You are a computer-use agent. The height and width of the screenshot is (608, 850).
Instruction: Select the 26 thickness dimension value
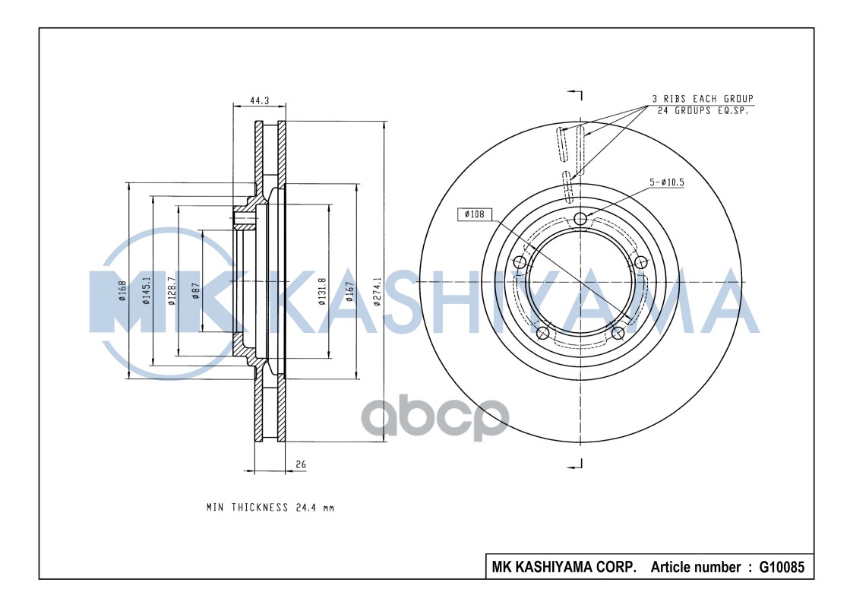pyautogui.click(x=301, y=464)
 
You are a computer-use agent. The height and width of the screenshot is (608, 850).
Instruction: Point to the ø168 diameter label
pyautogui.click(x=122, y=290)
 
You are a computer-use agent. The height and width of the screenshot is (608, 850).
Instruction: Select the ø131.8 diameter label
pyautogui.click(x=321, y=291)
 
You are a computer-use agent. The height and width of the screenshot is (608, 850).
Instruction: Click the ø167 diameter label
pyautogui.click(x=349, y=291)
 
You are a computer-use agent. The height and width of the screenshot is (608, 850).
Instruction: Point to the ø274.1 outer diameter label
pyautogui.click(x=377, y=291)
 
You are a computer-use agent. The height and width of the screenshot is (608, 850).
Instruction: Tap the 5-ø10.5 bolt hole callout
pyautogui.click(x=666, y=182)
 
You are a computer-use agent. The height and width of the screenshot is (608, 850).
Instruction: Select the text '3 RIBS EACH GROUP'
pyautogui.click(x=702, y=99)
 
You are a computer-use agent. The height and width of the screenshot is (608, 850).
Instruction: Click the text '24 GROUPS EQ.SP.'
pyautogui.click(x=702, y=110)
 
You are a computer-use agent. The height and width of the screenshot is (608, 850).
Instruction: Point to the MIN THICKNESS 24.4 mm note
pyautogui.click(x=270, y=507)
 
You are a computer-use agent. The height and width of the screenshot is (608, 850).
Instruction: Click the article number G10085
pyautogui.click(x=776, y=567)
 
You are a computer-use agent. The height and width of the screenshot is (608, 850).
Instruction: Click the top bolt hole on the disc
pyautogui.click(x=581, y=220)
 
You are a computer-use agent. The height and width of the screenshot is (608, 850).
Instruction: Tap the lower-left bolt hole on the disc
pyautogui.click(x=542, y=334)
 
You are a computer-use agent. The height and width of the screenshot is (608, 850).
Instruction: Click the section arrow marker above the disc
pyautogui.click(x=577, y=95)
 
